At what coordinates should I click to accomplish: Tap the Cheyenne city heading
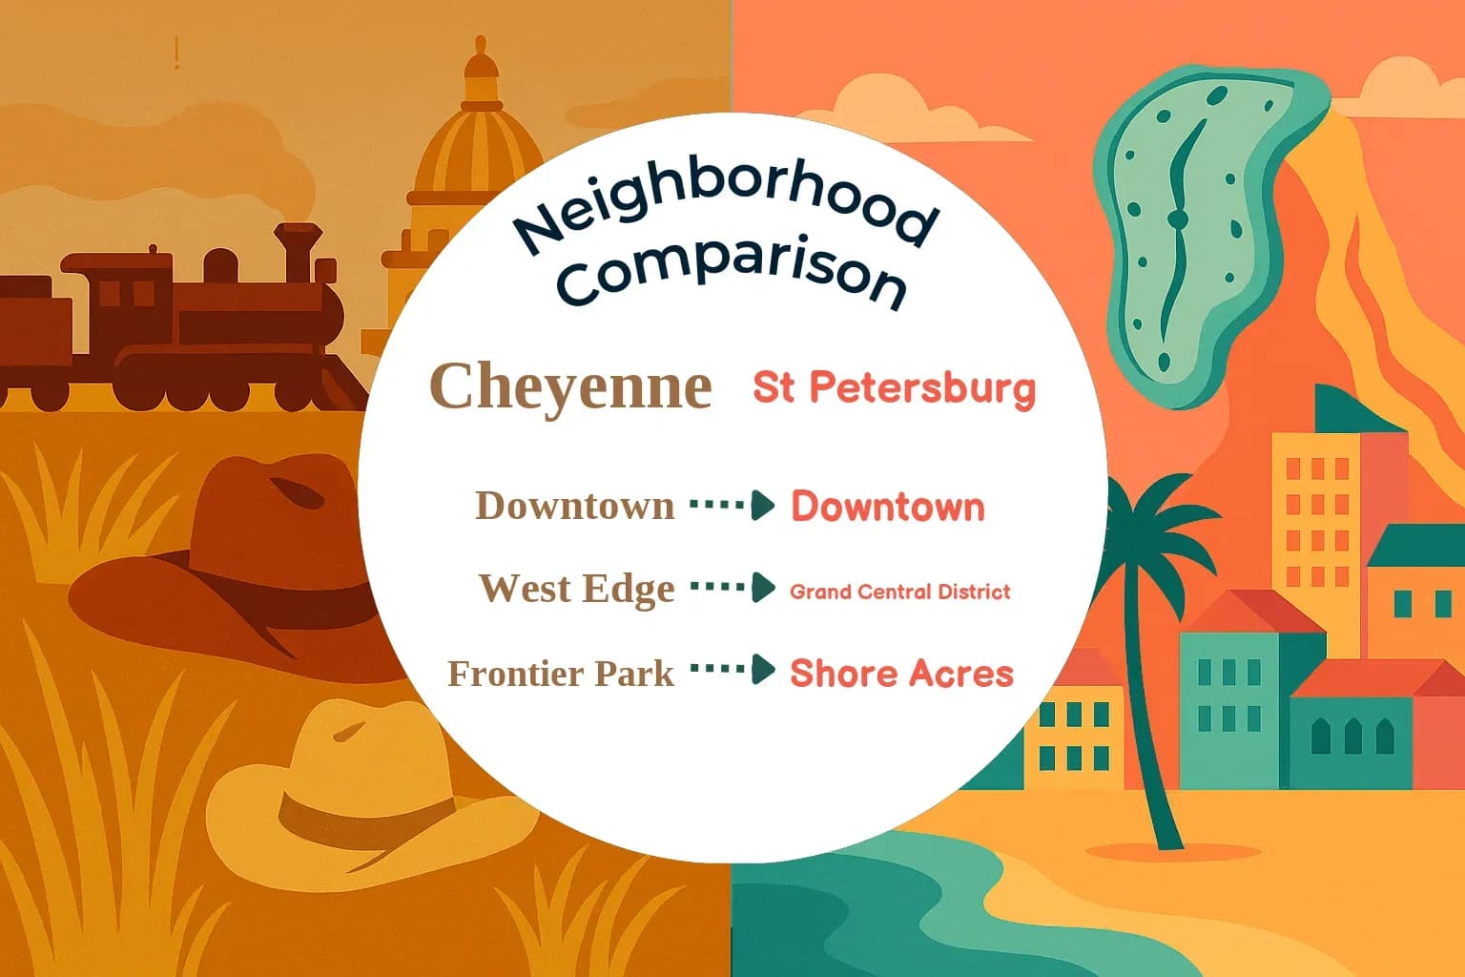570,386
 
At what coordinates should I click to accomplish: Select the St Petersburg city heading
894,387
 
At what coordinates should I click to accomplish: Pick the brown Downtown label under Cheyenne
574,506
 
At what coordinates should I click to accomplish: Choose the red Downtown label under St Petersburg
888,507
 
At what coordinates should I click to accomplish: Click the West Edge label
576,589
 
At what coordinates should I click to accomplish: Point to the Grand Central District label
899,592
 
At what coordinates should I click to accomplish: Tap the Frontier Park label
561,674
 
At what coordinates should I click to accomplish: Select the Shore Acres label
901,674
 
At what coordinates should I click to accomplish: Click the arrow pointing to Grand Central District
732,588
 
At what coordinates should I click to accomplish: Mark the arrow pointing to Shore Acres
732,670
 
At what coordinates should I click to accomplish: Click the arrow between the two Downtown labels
732,505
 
